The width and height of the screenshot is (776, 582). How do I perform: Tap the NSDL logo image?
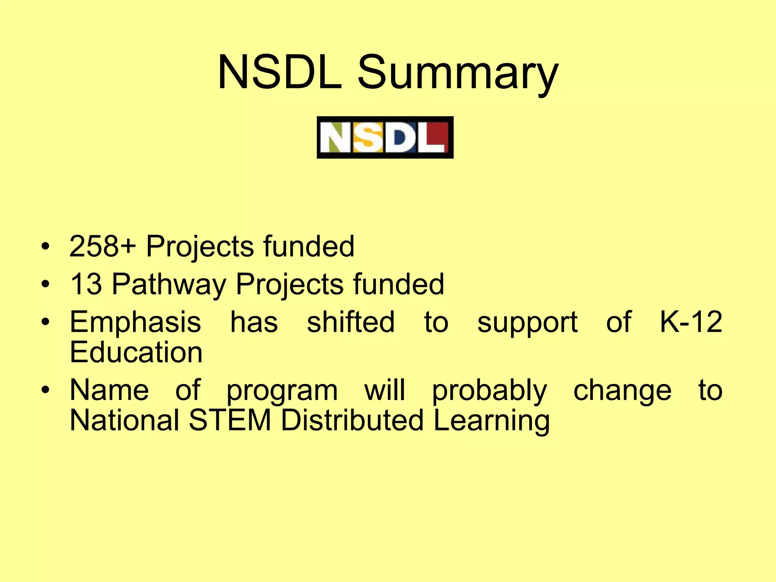(x=385, y=137)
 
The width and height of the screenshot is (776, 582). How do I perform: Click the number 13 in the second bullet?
(x=86, y=284)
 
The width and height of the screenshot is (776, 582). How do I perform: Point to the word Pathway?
(x=169, y=284)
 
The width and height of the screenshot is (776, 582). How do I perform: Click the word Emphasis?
(x=135, y=322)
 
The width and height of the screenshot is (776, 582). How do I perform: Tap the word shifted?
(x=350, y=322)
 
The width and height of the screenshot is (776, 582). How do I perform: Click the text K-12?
(x=691, y=322)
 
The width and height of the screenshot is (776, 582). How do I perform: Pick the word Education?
(x=136, y=352)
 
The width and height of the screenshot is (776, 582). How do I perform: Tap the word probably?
(x=490, y=390)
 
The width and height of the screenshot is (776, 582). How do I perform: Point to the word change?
(x=622, y=390)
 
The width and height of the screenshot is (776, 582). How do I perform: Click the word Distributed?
(x=352, y=420)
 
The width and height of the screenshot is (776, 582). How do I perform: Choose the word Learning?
(x=491, y=421)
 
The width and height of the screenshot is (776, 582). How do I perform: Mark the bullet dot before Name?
(x=45, y=390)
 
